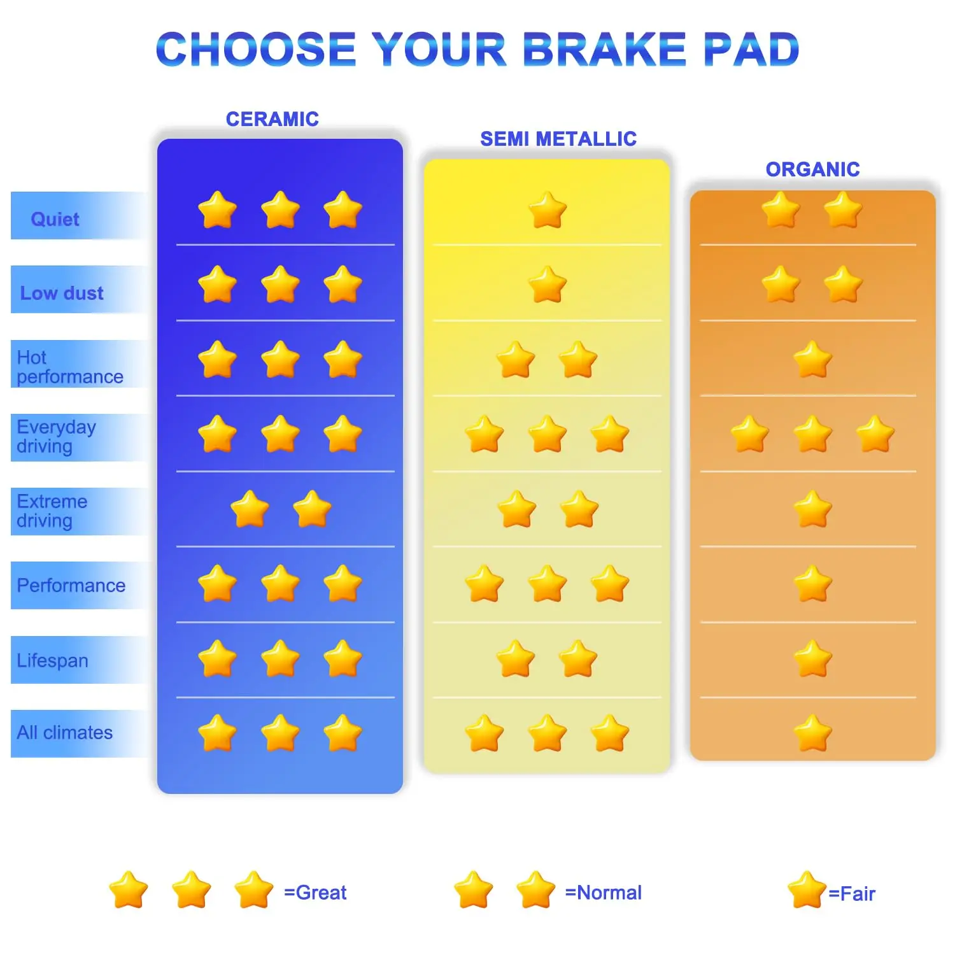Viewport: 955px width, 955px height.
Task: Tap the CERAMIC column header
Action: (x=272, y=119)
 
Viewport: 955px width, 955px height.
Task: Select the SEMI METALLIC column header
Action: (x=558, y=139)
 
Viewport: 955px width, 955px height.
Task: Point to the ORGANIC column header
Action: (x=812, y=169)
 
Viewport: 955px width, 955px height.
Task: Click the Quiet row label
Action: (x=55, y=219)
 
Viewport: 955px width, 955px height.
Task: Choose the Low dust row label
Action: (x=62, y=293)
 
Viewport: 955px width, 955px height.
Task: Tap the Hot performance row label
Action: (x=69, y=367)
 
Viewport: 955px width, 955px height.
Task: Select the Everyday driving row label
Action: (x=56, y=436)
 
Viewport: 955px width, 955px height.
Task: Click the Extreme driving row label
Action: (x=52, y=511)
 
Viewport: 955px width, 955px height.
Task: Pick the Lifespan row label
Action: (x=52, y=660)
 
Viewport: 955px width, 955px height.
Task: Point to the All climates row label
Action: (x=64, y=732)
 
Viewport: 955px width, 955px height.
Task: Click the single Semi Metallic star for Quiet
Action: (x=547, y=210)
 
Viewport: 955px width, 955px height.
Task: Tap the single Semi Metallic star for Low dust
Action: (x=547, y=285)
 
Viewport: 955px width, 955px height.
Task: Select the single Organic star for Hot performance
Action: (x=812, y=360)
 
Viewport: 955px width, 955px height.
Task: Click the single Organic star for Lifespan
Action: (x=812, y=659)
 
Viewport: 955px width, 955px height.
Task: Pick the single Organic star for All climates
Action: (x=812, y=733)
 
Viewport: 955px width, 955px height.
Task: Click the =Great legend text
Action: (x=315, y=893)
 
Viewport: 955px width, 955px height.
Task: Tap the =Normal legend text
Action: (x=603, y=893)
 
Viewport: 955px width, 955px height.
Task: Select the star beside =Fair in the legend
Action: (x=807, y=890)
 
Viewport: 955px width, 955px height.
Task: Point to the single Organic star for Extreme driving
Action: (x=812, y=509)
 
